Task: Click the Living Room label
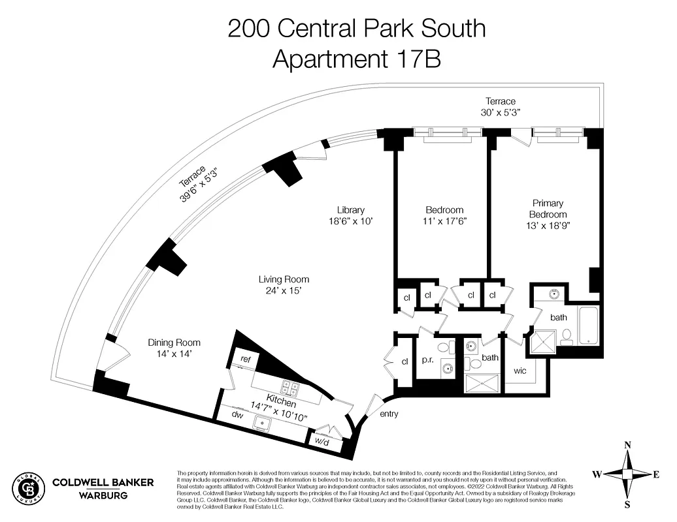pyautogui.click(x=284, y=279)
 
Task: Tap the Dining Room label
pyautogui.click(x=174, y=343)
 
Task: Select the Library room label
pyautogui.click(x=350, y=210)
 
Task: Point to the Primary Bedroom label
pyautogui.click(x=547, y=209)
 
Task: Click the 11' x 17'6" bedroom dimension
pyautogui.click(x=444, y=221)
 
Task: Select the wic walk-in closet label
pyautogui.click(x=520, y=371)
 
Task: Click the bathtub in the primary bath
pyautogui.click(x=587, y=325)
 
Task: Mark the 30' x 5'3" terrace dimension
pyautogui.click(x=500, y=112)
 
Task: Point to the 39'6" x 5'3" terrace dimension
pyautogui.click(x=199, y=185)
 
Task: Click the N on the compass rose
pyautogui.click(x=628, y=446)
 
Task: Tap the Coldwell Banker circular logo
pyautogui.click(x=28, y=488)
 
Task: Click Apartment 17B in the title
pyautogui.click(x=356, y=59)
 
